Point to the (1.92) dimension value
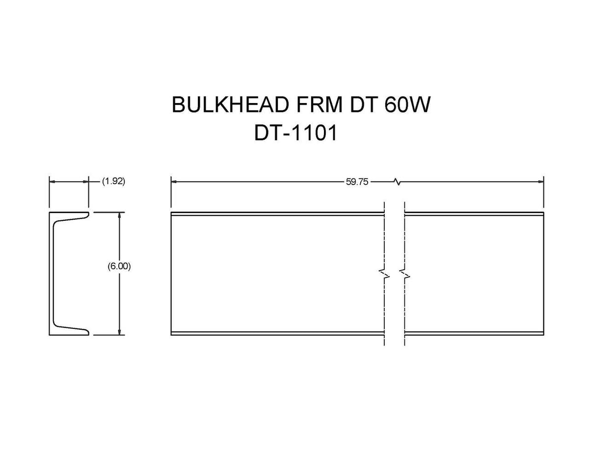pos(113,182)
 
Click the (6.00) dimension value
pos(119,267)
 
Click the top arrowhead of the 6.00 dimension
pos(119,215)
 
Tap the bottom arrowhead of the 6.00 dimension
pos(119,332)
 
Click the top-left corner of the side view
pos(171,213)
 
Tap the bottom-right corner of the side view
pos(543,336)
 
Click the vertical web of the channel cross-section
pos(51,273)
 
